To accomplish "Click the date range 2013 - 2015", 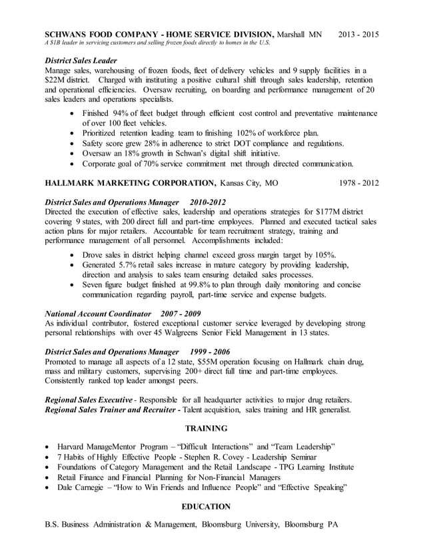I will click(358, 34).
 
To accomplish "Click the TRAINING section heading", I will click(206, 428).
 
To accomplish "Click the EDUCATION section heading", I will click(206, 507).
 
